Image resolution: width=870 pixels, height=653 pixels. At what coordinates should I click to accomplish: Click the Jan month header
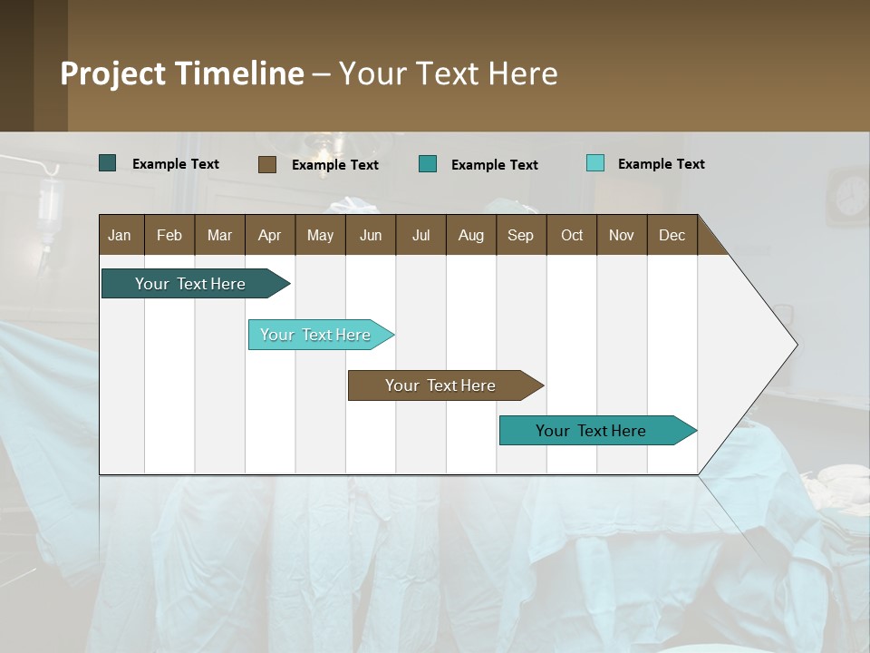[120, 235]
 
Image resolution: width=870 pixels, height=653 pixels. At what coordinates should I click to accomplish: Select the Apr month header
[269, 235]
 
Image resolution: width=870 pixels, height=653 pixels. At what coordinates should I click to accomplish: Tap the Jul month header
[420, 235]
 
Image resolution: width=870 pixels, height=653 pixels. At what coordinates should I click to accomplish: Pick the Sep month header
[520, 235]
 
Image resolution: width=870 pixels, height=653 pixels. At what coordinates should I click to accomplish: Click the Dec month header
[672, 235]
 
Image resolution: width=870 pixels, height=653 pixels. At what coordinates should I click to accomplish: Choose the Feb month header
[169, 235]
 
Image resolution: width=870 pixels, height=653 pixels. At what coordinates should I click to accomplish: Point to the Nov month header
[622, 235]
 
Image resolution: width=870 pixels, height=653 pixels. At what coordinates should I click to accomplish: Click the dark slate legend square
[107, 163]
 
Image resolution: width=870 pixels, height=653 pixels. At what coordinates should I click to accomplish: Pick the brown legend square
[266, 164]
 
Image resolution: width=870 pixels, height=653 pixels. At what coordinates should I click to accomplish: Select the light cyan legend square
[594, 163]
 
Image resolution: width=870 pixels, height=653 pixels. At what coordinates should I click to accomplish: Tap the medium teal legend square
[428, 164]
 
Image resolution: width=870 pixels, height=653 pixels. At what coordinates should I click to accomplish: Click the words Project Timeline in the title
[182, 73]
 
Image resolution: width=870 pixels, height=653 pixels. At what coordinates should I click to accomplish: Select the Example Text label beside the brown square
[334, 165]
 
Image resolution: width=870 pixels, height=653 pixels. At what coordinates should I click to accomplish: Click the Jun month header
[371, 235]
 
